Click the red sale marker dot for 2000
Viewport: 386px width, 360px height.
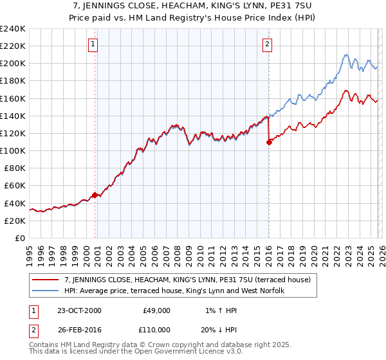(95, 195)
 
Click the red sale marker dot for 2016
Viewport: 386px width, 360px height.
(269, 143)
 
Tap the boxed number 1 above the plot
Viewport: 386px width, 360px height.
(93, 44)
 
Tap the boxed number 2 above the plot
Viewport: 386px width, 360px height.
(267, 44)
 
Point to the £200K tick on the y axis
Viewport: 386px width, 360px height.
(12, 64)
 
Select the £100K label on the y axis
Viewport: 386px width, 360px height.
(12, 150)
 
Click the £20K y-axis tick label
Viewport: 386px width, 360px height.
(14, 220)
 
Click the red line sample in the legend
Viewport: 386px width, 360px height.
(46, 280)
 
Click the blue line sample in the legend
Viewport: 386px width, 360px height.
(46, 291)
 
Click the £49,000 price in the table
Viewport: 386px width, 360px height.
(157, 310)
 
